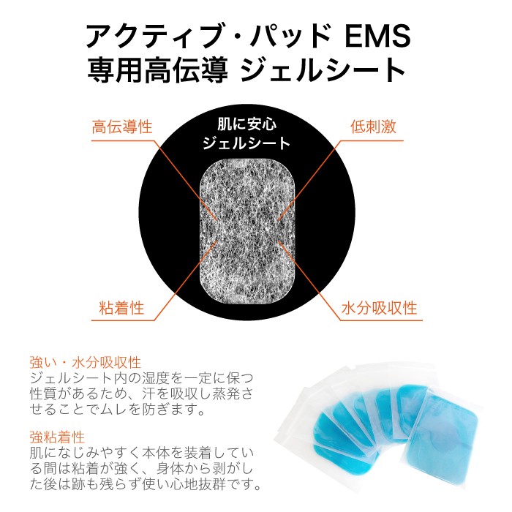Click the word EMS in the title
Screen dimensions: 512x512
[x=377, y=36]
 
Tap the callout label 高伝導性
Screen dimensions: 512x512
[x=122, y=127]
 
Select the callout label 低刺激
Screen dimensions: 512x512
[x=374, y=127]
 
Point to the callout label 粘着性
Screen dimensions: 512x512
[x=121, y=308]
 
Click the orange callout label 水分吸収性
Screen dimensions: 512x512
[x=380, y=308]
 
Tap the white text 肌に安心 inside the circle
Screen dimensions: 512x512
[x=247, y=124]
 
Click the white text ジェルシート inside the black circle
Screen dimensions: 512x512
[x=246, y=143]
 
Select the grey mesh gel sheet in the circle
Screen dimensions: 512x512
[x=247, y=231]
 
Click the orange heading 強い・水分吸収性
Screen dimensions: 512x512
[x=86, y=363]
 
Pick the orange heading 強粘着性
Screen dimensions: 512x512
[x=57, y=437]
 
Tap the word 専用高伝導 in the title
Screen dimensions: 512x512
[x=158, y=70]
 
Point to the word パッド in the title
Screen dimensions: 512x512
[x=291, y=36]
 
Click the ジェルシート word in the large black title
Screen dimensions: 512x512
[x=323, y=70]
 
